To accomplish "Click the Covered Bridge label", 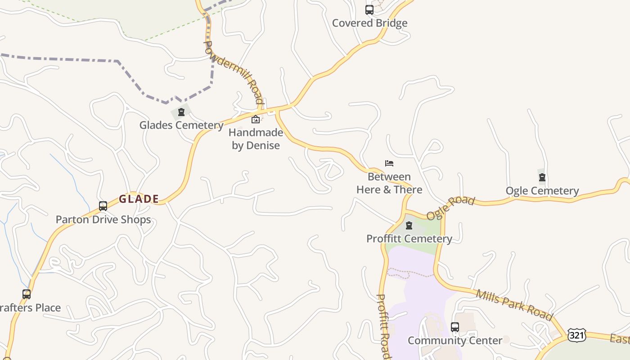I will pyautogui.click(x=369, y=23).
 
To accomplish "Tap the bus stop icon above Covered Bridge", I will pyautogui.click(x=369, y=9).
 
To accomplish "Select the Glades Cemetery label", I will pyautogui.click(x=181, y=125).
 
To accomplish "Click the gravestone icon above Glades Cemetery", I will pyautogui.click(x=181, y=112).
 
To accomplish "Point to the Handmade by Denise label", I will pyautogui.click(x=256, y=139).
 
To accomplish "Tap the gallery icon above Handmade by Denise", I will pyautogui.click(x=255, y=119).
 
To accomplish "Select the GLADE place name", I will pyautogui.click(x=139, y=199).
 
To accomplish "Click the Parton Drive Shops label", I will pyautogui.click(x=103, y=220).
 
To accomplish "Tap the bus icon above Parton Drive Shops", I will pyautogui.click(x=103, y=206).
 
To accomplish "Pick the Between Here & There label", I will pyautogui.click(x=389, y=183).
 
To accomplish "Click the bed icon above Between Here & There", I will pyautogui.click(x=389, y=163).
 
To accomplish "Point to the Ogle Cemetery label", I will pyautogui.click(x=542, y=191).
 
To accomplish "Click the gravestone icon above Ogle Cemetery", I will pyautogui.click(x=542, y=177).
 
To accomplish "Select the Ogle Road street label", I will pyautogui.click(x=450, y=208).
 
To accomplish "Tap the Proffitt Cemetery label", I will pyautogui.click(x=409, y=238).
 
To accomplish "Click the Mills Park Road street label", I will pyautogui.click(x=514, y=305).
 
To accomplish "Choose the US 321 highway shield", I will pyautogui.click(x=576, y=335).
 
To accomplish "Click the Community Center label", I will pyautogui.click(x=455, y=340).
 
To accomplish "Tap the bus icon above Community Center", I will pyautogui.click(x=455, y=327).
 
